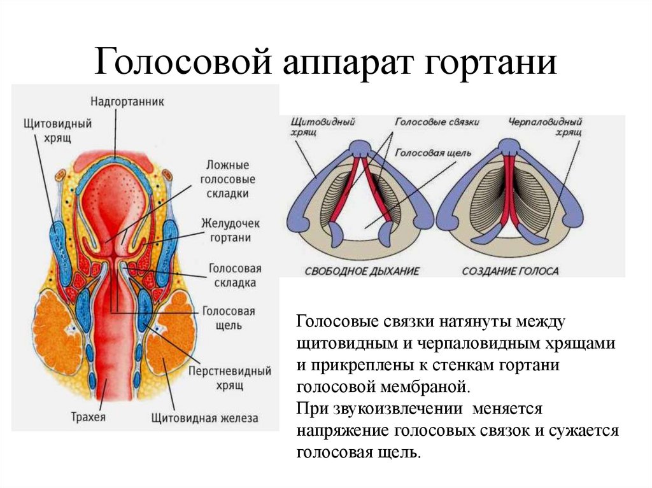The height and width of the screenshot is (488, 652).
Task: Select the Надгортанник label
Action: pyautogui.click(x=127, y=101)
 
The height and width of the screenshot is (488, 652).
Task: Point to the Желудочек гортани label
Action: pyautogui.click(x=225, y=230)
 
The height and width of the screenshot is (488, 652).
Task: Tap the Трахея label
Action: pyautogui.click(x=88, y=418)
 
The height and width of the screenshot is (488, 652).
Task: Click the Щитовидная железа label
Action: pyautogui.click(x=204, y=418)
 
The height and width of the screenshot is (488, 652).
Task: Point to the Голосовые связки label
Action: pyautogui.click(x=437, y=121)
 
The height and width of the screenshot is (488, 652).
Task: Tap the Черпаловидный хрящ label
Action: pyautogui.click(x=546, y=127)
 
